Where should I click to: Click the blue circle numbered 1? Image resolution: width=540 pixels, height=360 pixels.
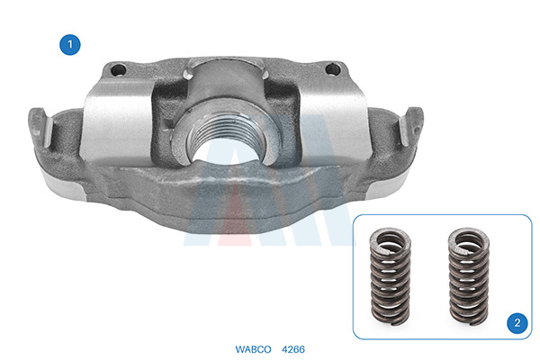pos(70,44)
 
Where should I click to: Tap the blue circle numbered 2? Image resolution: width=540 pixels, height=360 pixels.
pos(517,323)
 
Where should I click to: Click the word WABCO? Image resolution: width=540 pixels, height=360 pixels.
pos(253,349)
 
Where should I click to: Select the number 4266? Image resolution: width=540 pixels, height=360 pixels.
pos(293,349)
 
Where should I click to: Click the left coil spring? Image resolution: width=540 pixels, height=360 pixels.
pos(391,276)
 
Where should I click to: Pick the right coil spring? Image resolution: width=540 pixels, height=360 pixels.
pos(469,276)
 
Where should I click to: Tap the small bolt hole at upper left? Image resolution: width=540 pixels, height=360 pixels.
pos(118,70)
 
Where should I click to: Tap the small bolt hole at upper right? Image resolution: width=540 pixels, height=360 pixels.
pos(333,69)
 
